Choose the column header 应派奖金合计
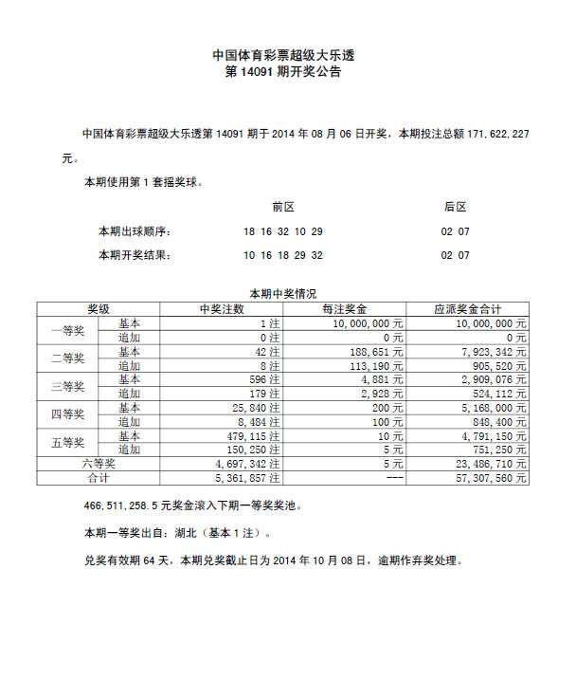click(x=467, y=309)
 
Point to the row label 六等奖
click(x=99, y=465)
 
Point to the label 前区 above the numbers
click(x=282, y=207)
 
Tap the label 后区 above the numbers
click(x=455, y=207)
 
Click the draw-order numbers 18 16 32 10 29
click(x=282, y=231)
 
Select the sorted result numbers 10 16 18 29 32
click(x=282, y=256)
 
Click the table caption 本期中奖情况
click(x=282, y=295)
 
